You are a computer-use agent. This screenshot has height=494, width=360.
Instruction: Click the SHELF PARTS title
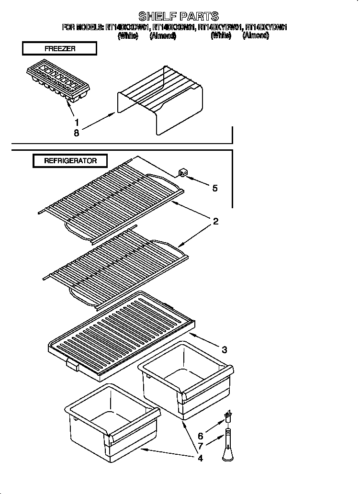tap(178, 17)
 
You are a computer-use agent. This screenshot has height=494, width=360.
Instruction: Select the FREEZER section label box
tap(59, 49)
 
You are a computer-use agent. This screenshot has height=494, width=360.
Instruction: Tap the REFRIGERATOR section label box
tap(70, 161)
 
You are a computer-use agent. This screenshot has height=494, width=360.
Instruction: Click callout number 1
tap(77, 122)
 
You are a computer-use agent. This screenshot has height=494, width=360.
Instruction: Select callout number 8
tap(77, 133)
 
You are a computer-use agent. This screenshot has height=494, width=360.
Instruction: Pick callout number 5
tap(214, 188)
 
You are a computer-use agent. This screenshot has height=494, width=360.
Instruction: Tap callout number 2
tap(216, 221)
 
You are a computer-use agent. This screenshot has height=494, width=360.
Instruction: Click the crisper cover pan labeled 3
tap(119, 335)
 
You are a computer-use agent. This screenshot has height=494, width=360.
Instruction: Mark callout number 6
tap(200, 436)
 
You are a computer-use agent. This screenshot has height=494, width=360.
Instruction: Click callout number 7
tap(200, 447)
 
